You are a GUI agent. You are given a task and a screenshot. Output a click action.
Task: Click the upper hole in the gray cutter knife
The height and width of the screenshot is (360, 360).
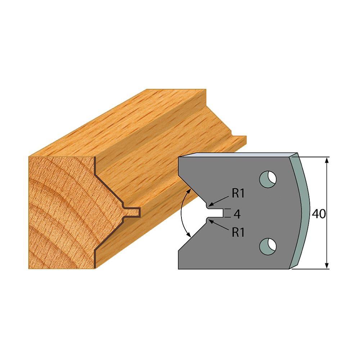click(x=268, y=177)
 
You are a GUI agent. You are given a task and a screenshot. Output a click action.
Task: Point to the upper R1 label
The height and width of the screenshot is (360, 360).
click(x=238, y=194)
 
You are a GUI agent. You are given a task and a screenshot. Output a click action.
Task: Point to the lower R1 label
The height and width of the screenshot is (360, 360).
click(x=238, y=233)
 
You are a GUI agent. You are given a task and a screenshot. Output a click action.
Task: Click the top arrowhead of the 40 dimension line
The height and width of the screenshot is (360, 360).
click(x=327, y=160)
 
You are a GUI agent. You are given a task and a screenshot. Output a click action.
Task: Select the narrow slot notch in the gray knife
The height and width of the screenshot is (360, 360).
click(x=215, y=213)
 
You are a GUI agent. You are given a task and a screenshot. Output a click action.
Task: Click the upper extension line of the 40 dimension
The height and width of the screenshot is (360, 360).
click(x=313, y=157)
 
